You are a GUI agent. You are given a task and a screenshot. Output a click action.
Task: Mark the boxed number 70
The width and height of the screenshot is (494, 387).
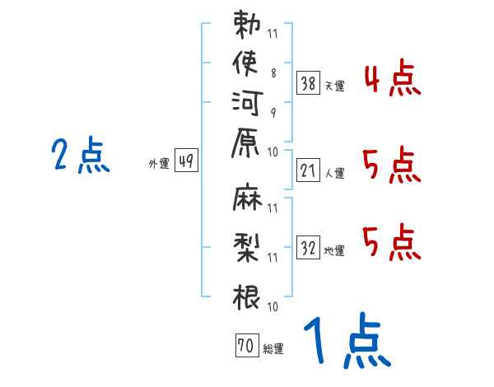245,346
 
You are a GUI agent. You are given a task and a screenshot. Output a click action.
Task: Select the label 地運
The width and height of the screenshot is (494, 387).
335,250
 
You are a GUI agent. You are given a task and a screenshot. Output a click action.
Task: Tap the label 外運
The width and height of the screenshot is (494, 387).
159,165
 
